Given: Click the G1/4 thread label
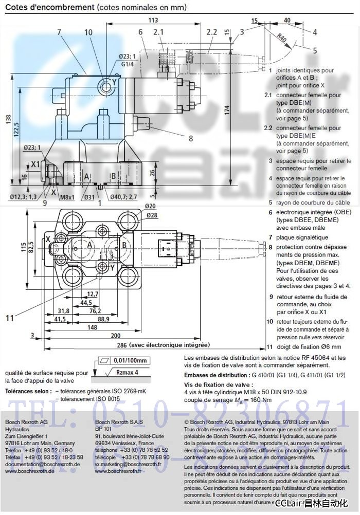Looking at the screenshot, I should pos(128,64).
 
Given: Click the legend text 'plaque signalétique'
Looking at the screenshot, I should pos(302,237).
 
